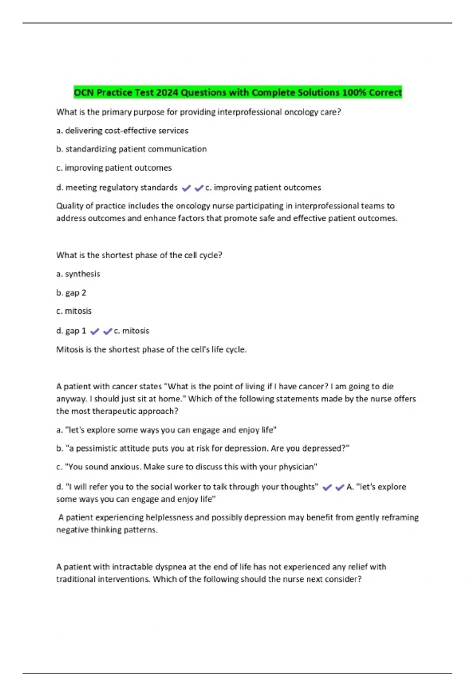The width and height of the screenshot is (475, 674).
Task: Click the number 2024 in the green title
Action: [167, 93]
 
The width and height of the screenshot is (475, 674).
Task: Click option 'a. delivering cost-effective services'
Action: [122, 131]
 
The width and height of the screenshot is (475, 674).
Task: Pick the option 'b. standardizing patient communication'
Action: [131, 149]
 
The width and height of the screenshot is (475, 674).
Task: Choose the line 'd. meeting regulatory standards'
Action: [117, 188]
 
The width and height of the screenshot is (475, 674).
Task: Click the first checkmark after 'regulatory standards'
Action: [186, 188]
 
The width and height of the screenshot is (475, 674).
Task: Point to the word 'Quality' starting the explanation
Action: [69, 206]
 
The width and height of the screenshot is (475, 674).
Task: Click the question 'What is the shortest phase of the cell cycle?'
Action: [139, 255]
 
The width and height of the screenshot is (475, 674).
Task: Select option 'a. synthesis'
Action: [78, 274]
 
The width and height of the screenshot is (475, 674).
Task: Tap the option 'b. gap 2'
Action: [71, 293]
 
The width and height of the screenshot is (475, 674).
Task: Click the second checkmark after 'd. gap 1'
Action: [107, 331]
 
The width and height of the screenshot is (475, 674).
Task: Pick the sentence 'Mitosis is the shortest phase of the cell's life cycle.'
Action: [151, 350]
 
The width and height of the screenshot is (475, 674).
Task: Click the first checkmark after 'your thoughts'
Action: [327, 488]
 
